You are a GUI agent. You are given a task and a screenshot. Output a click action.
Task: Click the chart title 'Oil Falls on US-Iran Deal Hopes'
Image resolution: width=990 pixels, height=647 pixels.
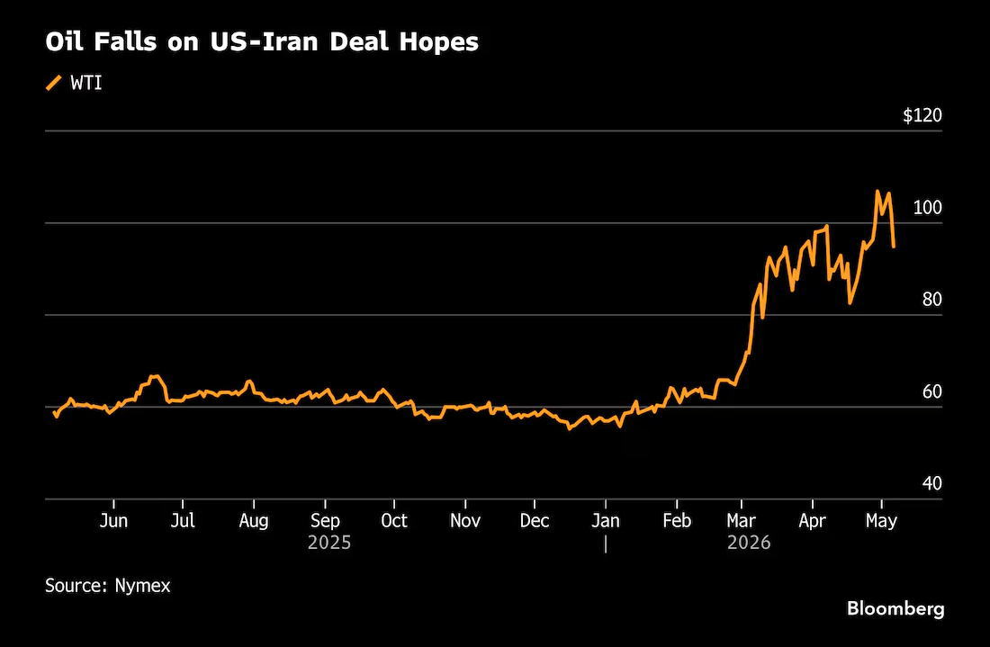click(x=262, y=41)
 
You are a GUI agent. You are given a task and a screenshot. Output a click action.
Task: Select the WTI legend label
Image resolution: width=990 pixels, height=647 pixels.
click(x=86, y=83)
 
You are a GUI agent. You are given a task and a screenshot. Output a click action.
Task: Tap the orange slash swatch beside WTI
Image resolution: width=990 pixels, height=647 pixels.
click(x=54, y=83)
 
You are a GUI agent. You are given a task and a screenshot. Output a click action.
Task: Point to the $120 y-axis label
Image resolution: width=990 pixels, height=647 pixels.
click(x=922, y=115)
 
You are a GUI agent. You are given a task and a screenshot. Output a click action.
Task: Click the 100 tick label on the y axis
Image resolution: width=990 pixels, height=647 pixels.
click(x=928, y=207)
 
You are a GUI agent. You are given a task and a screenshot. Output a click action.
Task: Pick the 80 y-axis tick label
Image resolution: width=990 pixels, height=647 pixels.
click(x=931, y=299)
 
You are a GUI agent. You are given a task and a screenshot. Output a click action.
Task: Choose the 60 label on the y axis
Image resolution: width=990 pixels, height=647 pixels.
click(x=931, y=391)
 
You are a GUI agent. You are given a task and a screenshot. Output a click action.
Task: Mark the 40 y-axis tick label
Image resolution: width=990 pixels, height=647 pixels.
click(x=931, y=483)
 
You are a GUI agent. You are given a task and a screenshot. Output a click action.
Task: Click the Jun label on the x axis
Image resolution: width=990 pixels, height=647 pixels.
click(x=113, y=521)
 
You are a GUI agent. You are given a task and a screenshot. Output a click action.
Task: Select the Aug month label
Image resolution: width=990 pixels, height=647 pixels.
click(x=254, y=521)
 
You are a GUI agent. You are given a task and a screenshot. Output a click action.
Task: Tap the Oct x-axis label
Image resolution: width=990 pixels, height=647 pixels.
click(x=394, y=521)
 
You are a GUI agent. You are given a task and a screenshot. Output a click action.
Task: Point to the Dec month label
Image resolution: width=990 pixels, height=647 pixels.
click(x=534, y=521)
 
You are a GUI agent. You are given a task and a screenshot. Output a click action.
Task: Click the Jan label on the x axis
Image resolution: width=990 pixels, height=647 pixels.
click(x=606, y=521)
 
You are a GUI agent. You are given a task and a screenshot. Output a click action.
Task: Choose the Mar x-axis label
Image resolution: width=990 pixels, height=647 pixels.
click(x=742, y=521)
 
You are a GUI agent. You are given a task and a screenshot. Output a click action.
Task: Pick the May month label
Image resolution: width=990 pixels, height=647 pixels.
click(x=881, y=522)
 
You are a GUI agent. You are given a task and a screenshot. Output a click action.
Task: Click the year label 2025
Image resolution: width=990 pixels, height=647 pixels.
click(x=328, y=543)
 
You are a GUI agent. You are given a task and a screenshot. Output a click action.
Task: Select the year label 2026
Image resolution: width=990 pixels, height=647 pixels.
click(x=749, y=543)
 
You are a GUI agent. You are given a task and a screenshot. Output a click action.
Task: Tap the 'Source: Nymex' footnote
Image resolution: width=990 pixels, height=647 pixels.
click(x=108, y=586)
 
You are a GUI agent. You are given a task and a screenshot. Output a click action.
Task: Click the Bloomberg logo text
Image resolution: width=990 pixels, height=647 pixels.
click(x=895, y=608)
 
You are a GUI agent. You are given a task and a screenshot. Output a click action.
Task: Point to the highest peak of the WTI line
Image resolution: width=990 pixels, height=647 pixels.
click(x=877, y=191)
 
